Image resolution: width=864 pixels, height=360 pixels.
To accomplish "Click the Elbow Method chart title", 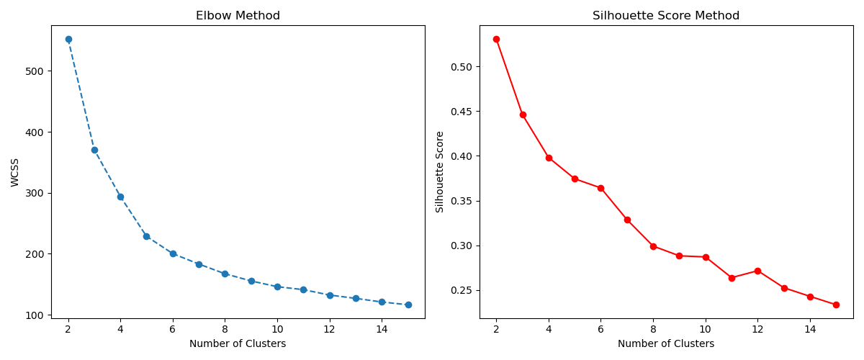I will click(x=238, y=16).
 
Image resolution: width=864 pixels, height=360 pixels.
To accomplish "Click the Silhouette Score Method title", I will click(x=666, y=16).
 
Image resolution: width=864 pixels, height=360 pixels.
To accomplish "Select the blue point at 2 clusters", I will click(x=68, y=40).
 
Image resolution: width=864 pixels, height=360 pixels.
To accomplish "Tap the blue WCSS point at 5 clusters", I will click(x=146, y=236).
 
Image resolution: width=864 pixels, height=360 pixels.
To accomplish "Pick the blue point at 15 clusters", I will click(x=408, y=305).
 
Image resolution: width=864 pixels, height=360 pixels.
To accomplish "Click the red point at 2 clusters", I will click(x=496, y=39).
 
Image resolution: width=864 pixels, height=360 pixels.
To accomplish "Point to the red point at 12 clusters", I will click(x=757, y=271).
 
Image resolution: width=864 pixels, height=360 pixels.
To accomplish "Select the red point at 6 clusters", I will click(x=600, y=188).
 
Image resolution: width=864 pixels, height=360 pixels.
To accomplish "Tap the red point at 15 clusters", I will click(x=836, y=305).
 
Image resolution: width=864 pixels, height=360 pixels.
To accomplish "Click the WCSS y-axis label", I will click(x=16, y=173).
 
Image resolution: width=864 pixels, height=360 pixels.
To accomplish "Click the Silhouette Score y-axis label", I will click(x=440, y=171).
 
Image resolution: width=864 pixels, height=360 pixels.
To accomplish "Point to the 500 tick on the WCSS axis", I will click(x=36, y=71).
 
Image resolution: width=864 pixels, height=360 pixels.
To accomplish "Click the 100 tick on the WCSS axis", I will click(x=36, y=315).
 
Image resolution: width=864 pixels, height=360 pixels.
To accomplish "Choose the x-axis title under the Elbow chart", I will click(x=238, y=344).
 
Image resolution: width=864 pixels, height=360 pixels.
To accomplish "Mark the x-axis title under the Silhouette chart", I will click(x=666, y=344).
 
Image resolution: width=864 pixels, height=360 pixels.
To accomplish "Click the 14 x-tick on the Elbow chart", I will click(x=382, y=329).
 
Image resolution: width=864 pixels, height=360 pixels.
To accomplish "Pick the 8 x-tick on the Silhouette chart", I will click(x=653, y=329).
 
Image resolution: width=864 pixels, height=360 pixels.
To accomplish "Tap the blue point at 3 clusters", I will click(x=94, y=150).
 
